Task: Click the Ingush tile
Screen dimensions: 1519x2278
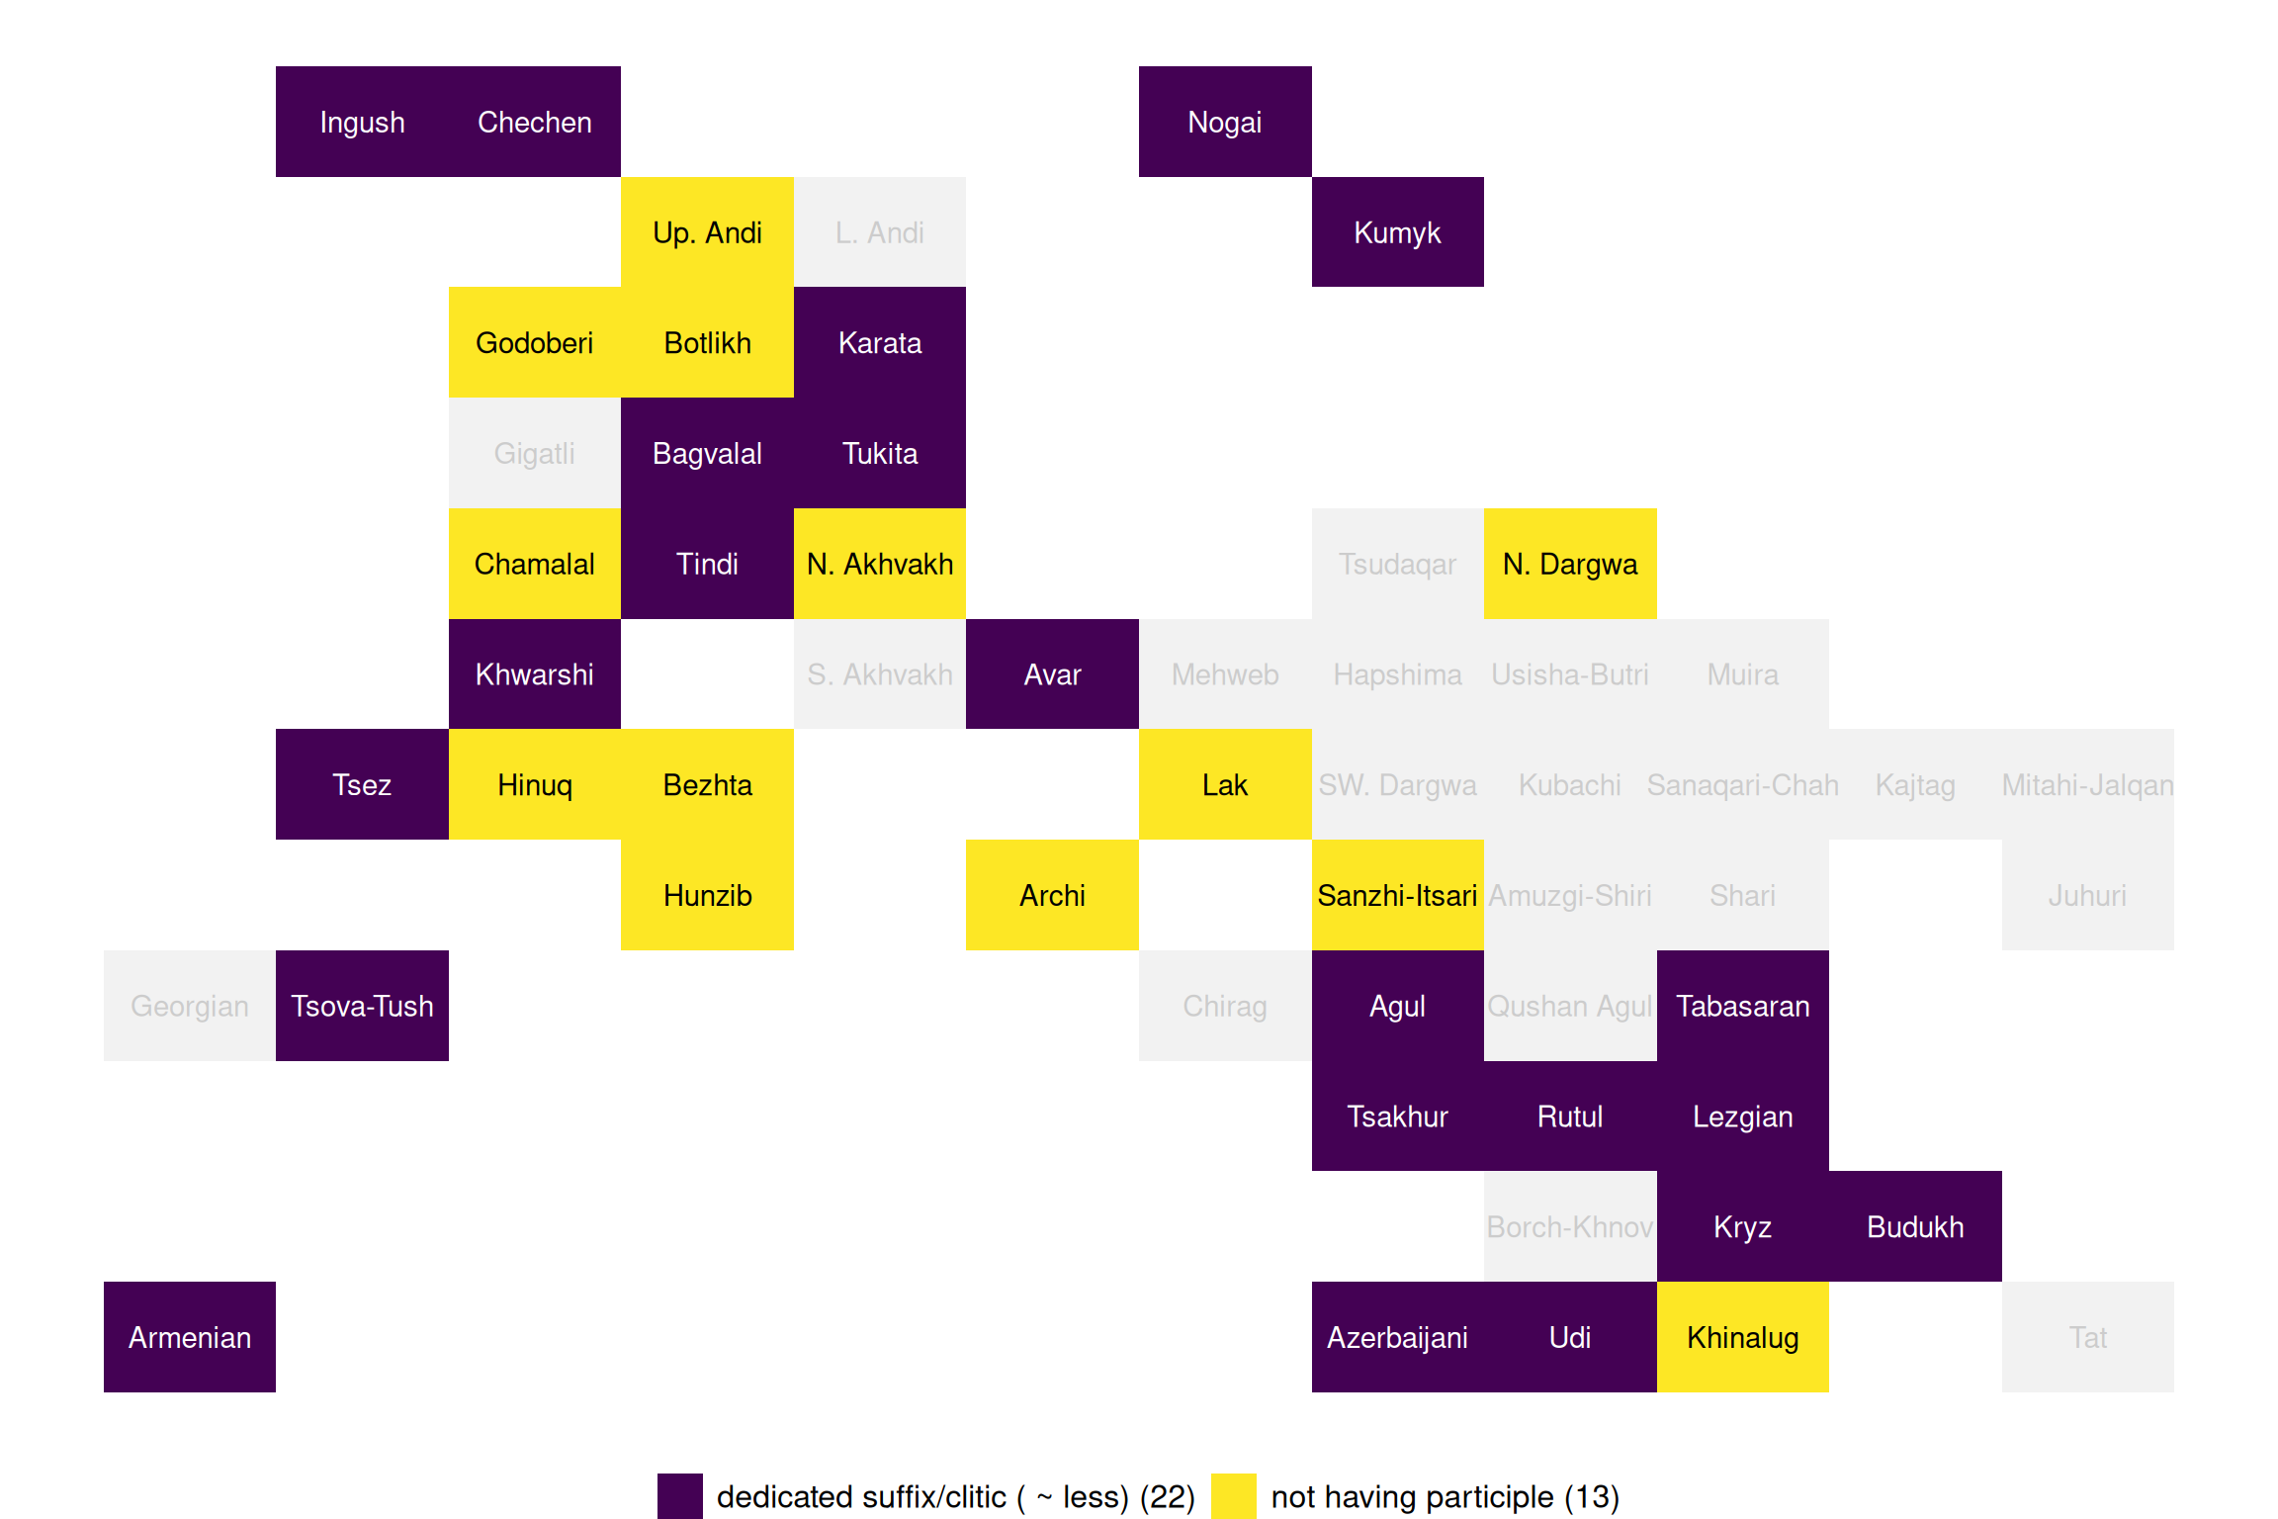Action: point(362,122)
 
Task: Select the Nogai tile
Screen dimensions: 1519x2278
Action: point(1225,122)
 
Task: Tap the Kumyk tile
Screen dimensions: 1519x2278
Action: point(1397,232)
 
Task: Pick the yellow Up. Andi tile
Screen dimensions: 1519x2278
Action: point(707,232)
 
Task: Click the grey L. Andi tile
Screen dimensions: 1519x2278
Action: point(879,232)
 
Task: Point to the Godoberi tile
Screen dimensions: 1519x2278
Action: point(534,343)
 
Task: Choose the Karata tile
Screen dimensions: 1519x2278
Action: point(879,343)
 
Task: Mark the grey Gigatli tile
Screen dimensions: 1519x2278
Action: point(534,453)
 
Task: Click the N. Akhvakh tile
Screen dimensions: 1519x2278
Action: point(879,564)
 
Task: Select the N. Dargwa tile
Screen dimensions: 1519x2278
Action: point(1570,564)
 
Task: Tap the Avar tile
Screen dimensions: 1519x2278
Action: point(1052,674)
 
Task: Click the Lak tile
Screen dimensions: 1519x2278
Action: point(1225,785)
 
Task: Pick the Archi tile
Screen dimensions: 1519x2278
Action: point(1052,895)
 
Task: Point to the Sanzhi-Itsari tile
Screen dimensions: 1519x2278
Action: point(1397,895)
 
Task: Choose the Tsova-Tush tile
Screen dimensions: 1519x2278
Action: point(362,1006)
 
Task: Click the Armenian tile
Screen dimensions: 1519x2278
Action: point(190,1337)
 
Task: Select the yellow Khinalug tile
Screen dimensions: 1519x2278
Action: point(1742,1337)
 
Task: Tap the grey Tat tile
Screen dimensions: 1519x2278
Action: point(2087,1337)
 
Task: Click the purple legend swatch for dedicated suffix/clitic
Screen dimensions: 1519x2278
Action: point(680,1496)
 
